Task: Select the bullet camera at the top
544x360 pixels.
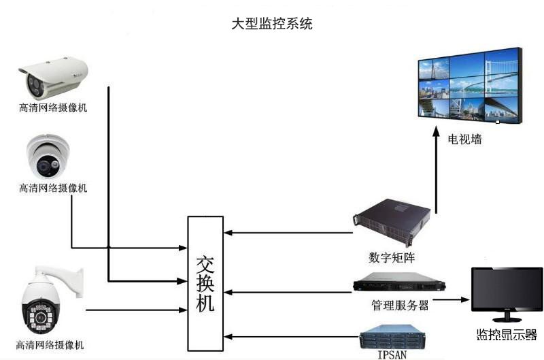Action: (x=53, y=75)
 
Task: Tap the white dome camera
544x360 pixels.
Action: (x=48, y=156)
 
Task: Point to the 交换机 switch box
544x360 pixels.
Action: (x=205, y=284)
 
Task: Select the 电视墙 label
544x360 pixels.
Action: (x=464, y=139)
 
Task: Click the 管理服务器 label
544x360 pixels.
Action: (x=401, y=305)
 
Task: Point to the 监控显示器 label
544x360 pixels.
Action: (x=507, y=335)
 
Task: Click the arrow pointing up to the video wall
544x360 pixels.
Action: (x=436, y=170)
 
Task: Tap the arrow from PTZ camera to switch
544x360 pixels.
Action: (x=136, y=310)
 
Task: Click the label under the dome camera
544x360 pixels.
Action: (x=53, y=187)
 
